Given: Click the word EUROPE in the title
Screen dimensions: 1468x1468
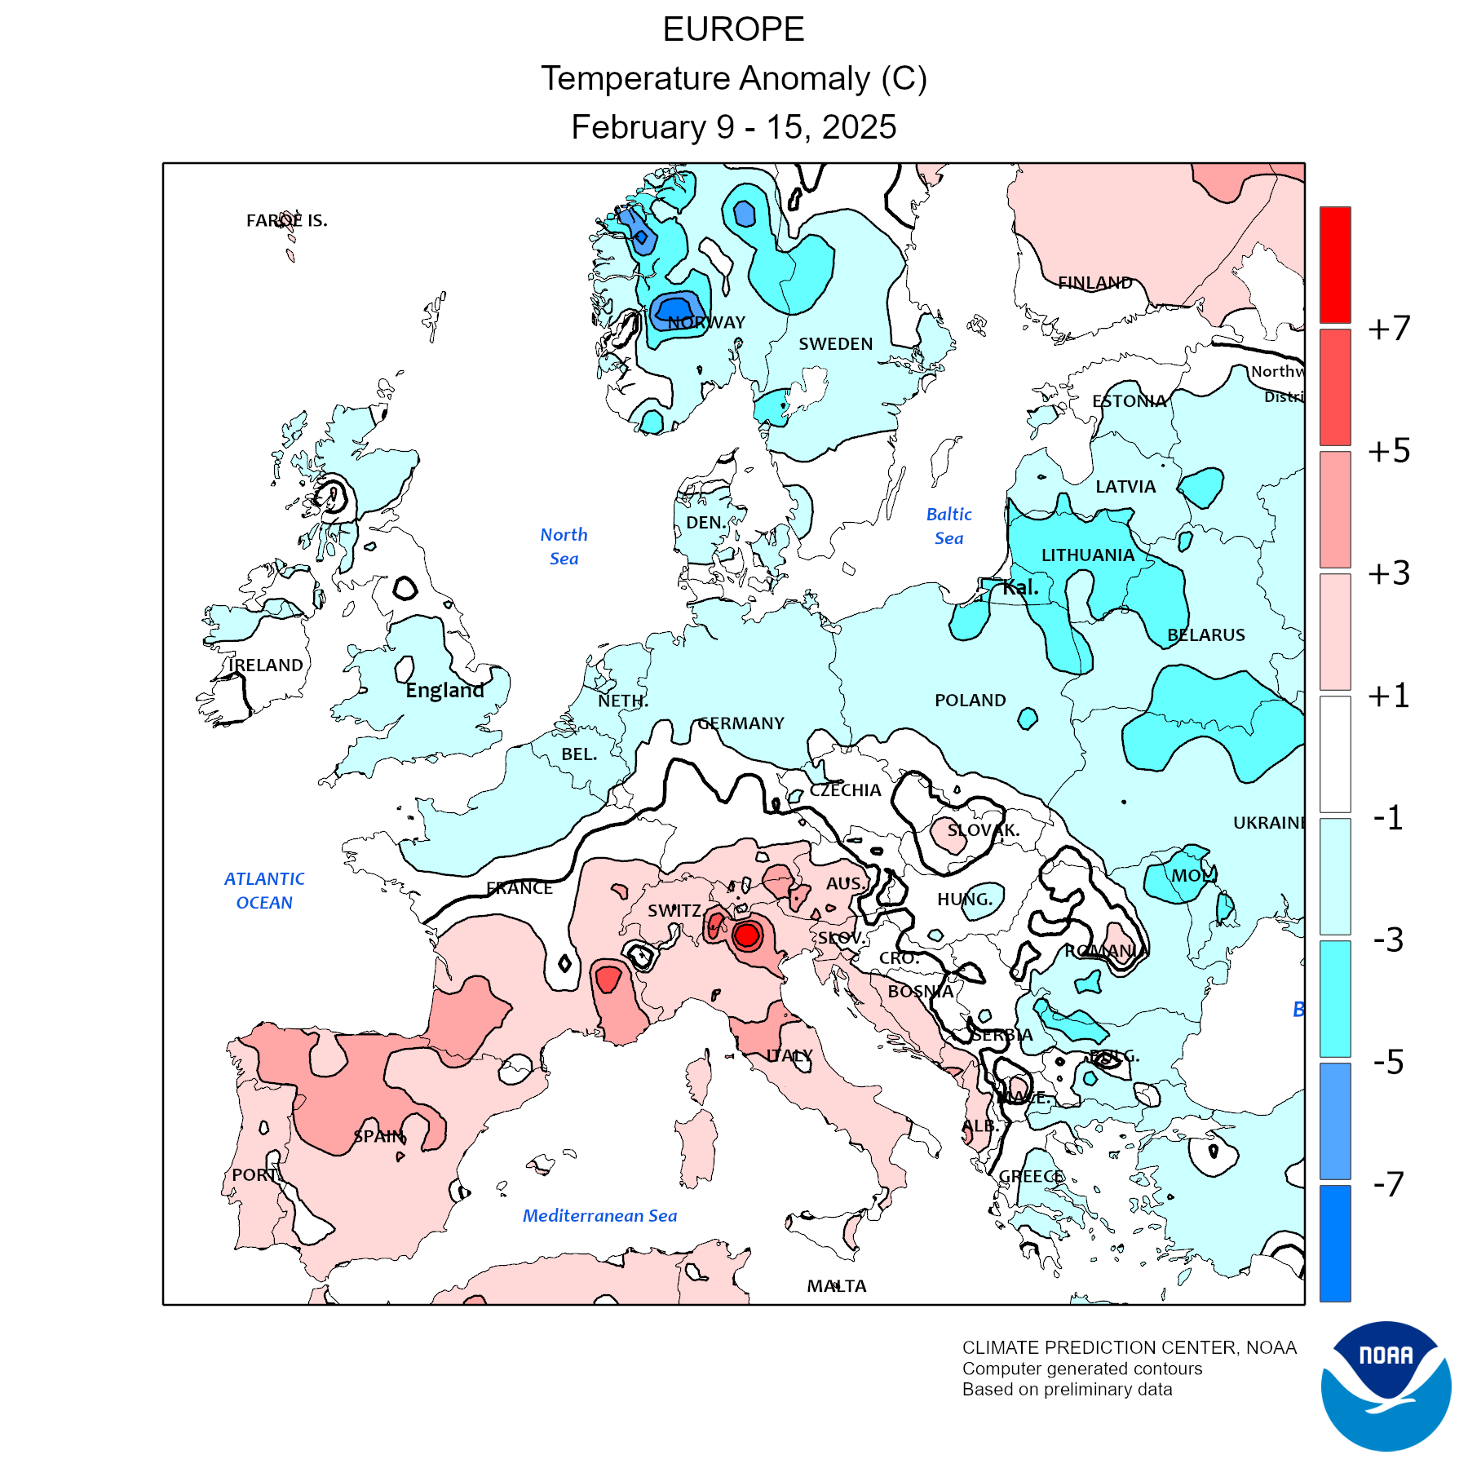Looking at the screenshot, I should coord(733,30).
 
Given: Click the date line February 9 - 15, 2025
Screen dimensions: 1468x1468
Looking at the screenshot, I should coord(733,127).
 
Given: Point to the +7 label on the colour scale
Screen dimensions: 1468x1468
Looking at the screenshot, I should coord(1389,329).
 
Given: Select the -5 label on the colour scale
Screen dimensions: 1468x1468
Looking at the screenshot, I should coord(1389,1062).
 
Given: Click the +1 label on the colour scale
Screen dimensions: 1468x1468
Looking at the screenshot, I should coord(1389,696).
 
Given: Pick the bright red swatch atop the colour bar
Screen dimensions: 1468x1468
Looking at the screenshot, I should coord(1335,264).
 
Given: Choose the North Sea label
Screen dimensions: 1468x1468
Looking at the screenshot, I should coord(564,546).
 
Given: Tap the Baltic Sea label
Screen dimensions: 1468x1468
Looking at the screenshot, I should coord(949,526).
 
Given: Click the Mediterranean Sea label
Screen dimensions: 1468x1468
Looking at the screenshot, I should coord(599,1216).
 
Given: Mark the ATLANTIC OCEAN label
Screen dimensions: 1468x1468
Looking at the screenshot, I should coord(264,891).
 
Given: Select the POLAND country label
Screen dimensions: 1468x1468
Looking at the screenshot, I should coord(970,701).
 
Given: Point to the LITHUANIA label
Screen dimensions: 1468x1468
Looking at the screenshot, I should coord(1088,555).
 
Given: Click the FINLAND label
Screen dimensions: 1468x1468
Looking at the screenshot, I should coord(1094,283).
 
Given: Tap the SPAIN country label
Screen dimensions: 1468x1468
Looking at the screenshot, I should coord(379,1136).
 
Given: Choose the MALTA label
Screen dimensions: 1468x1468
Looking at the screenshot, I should coord(837,1286).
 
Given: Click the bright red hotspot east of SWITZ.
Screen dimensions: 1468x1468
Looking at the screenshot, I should coord(746,935).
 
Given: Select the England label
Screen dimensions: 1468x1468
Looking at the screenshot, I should coord(444,691).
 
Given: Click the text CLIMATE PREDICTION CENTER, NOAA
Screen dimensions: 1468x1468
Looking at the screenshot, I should coord(1129,1347).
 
